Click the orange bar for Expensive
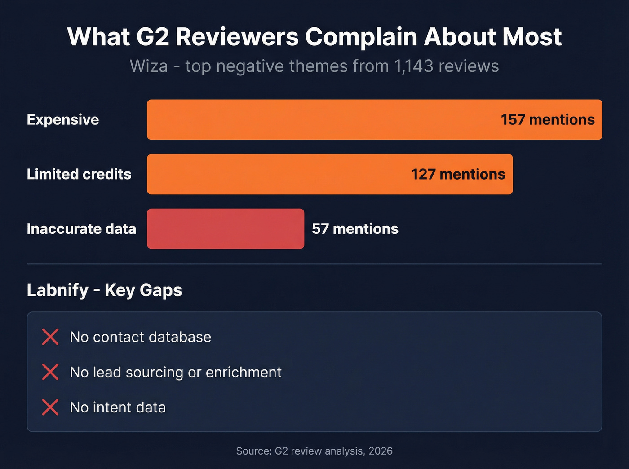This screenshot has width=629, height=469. tap(314, 120)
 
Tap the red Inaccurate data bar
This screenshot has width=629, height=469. tap(226, 229)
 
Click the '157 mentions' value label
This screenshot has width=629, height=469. tap(548, 120)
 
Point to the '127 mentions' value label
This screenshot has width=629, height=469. tap(458, 174)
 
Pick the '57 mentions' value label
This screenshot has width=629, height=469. tap(355, 229)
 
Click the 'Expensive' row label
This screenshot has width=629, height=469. tap(63, 120)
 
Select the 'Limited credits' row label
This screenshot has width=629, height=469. tap(79, 174)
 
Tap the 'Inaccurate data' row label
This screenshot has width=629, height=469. tap(81, 229)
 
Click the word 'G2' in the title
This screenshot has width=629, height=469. tap(152, 37)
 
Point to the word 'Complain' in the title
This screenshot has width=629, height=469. tap(361, 37)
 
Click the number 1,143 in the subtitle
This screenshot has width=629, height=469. tap(413, 66)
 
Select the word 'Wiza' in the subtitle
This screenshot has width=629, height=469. tap(149, 66)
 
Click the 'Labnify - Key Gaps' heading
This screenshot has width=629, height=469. tap(104, 290)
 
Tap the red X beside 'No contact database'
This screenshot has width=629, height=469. tap(50, 337)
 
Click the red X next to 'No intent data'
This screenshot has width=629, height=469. tap(50, 407)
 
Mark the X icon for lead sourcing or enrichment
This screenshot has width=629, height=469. tap(50, 372)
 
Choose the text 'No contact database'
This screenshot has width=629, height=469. tap(140, 337)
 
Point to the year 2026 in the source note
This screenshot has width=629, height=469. tap(381, 451)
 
